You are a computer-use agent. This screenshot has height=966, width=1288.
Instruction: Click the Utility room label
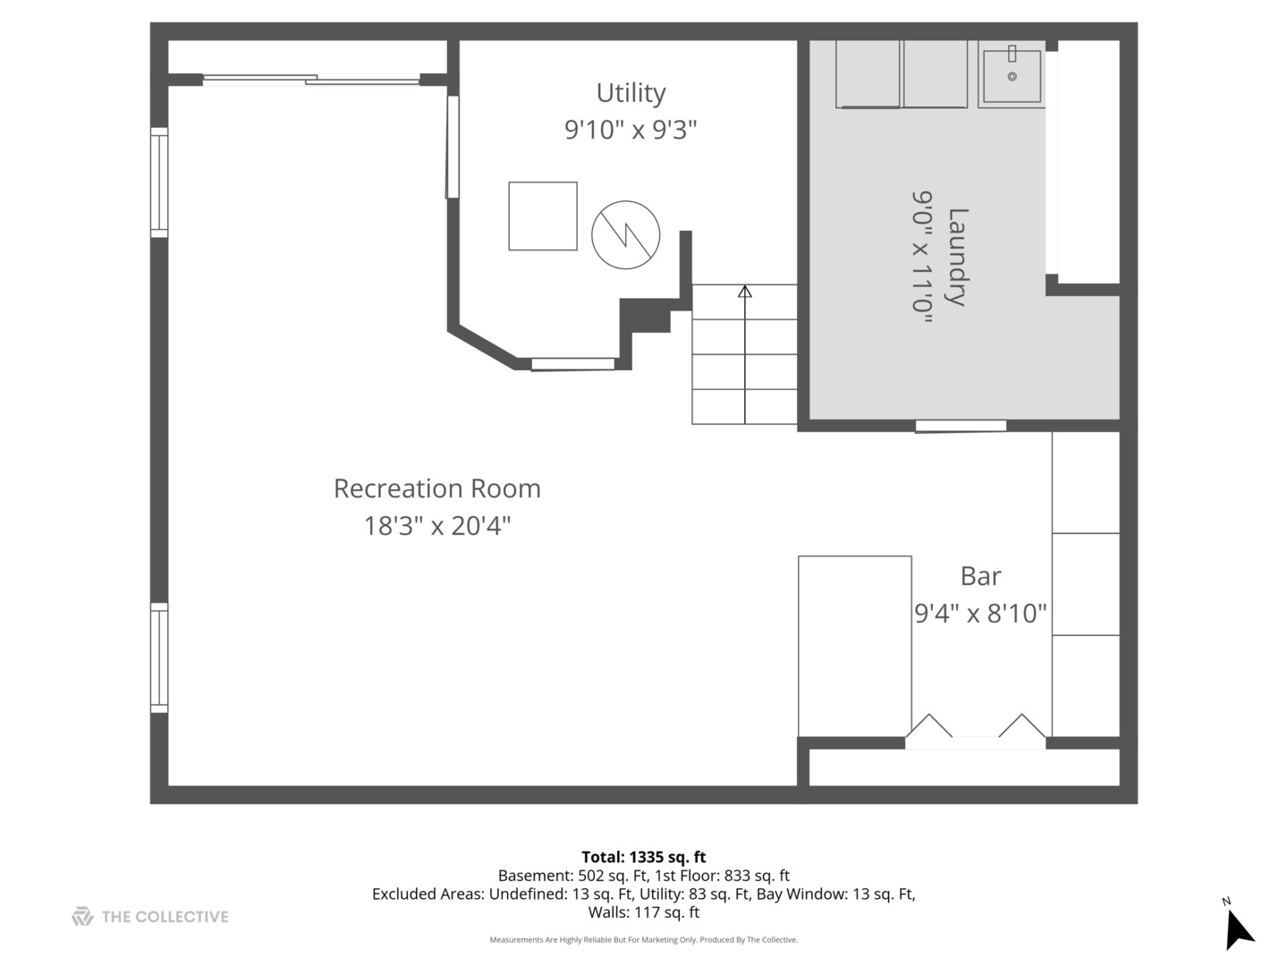pyautogui.click(x=631, y=93)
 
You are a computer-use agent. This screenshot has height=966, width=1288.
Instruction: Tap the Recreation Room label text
pyautogui.click(x=437, y=488)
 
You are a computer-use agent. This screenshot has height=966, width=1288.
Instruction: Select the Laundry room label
pyautogui.click(x=957, y=257)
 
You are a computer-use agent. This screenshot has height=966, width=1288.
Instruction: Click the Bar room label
pyautogui.click(x=980, y=576)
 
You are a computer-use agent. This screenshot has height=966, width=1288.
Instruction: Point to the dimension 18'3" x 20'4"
pyautogui.click(x=437, y=526)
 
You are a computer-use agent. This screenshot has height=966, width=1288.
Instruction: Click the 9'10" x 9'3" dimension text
pyautogui.click(x=631, y=130)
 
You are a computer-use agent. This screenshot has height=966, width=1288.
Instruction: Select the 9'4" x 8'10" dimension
pyautogui.click(x=980, y=614)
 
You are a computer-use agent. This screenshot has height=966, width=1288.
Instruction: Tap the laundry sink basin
pyautogui.click(x=1012, y=76)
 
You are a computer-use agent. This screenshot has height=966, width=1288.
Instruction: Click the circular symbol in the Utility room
pyautogui.click(x=625, y=235)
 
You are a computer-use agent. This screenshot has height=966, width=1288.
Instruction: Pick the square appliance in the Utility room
pyautogui.click(x=543, y=216)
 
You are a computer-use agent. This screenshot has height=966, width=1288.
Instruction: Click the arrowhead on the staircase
pyautogui.click(x=745, y=291)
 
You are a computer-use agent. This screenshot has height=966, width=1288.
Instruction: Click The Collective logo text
pyautogui.click(x=165, y=917)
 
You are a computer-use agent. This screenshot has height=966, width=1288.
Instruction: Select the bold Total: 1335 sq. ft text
pyautogui.click(x=644, y=857)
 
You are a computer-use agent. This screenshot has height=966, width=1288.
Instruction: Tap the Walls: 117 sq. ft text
pyautogui.click(x=644, y=912)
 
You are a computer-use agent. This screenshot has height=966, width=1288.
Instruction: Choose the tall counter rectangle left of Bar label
pyautogui.click(x=855, y=646)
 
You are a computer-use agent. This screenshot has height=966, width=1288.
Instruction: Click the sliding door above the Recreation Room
pyautogui.click(x=311, y=80)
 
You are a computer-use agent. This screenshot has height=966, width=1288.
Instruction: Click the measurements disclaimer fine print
pyautogui.click(x=644, y=939)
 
